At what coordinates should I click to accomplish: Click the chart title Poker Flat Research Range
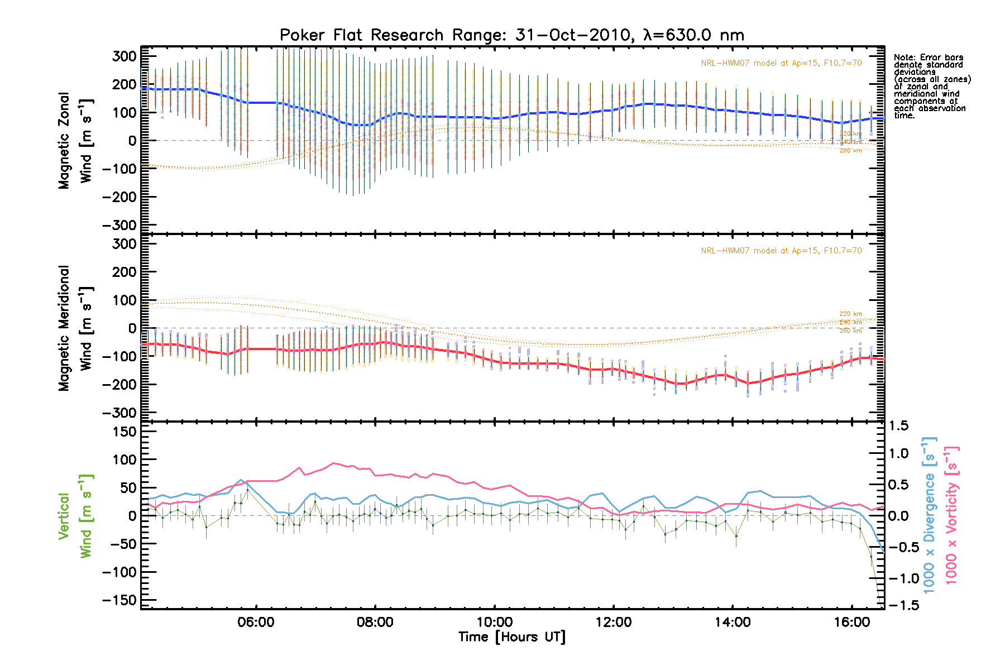pyautogui.click(x=511, y=35)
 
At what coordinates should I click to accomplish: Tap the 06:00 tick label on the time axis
pyautogui.click(x=256, y=622)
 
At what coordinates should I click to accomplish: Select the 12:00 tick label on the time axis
pyautogui.click(x=613, y=622)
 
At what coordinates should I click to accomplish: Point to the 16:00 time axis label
pyautogui.click(x=851, y=622)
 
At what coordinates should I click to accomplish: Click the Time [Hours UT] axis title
pyautogui.click(x=511, y=637)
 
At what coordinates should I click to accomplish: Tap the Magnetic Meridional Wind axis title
pyautogui.click(x=75, y=328)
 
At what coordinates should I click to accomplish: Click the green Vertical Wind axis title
pyautogui.click(x=75, y=516)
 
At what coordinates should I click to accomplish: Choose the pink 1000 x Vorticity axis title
pyautogui.click(x=952, y=516)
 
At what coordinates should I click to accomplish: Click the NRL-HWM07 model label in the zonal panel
pyautogui.click(x=781, y=63)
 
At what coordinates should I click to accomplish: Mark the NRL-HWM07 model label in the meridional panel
pyautogui.click(x=781, y=251)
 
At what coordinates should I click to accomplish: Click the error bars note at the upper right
pyautogui.click(x=931, y=87)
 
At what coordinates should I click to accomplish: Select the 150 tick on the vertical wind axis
pyautogui.click(x=125, y=432)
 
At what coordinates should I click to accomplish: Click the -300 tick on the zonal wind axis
pyautogui.click(x=120, y=225)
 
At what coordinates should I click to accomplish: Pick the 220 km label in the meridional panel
pyautogui.click(x=850, y=314)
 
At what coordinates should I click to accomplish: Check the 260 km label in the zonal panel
pyautogui.click(x=850, y=150)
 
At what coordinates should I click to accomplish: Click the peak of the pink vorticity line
pyautogui.click(x=333, y=463)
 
